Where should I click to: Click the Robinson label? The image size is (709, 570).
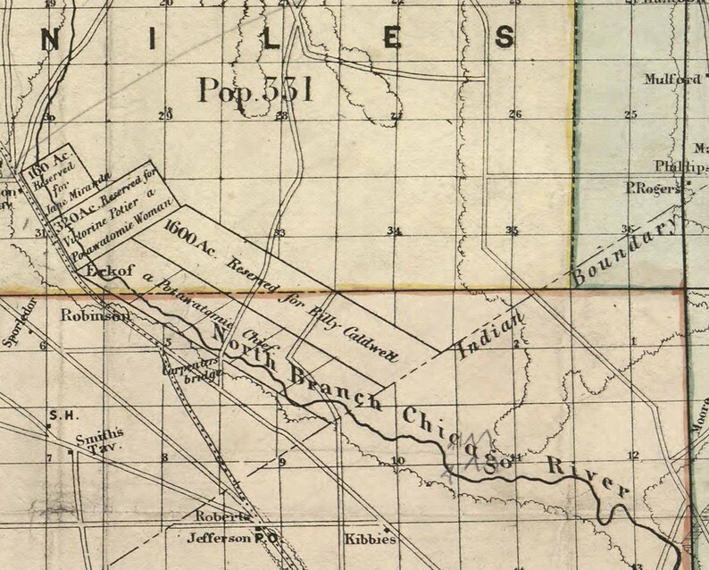88,315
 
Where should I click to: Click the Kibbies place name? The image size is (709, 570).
369,540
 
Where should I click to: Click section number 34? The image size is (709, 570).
394,231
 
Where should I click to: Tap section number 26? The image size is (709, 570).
514,113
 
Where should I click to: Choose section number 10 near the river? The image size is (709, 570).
397,461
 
